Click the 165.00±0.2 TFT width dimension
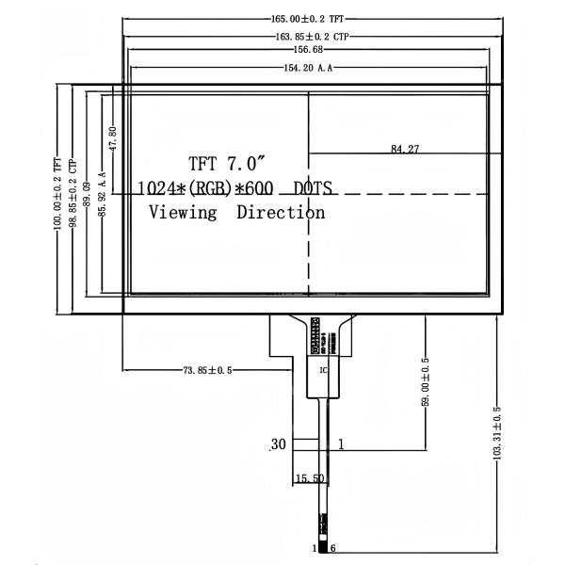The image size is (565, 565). pos(310,19)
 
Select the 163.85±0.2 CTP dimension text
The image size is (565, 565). pos(310,37)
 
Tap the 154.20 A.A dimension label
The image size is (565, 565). pos(310,68)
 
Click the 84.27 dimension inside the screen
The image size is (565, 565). pos(405,149)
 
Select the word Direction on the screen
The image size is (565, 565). pos(281,212)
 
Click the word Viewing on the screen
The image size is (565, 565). pos(184,212)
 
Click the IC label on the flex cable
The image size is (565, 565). pos(324,368)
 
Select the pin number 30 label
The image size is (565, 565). pos(278,444)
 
